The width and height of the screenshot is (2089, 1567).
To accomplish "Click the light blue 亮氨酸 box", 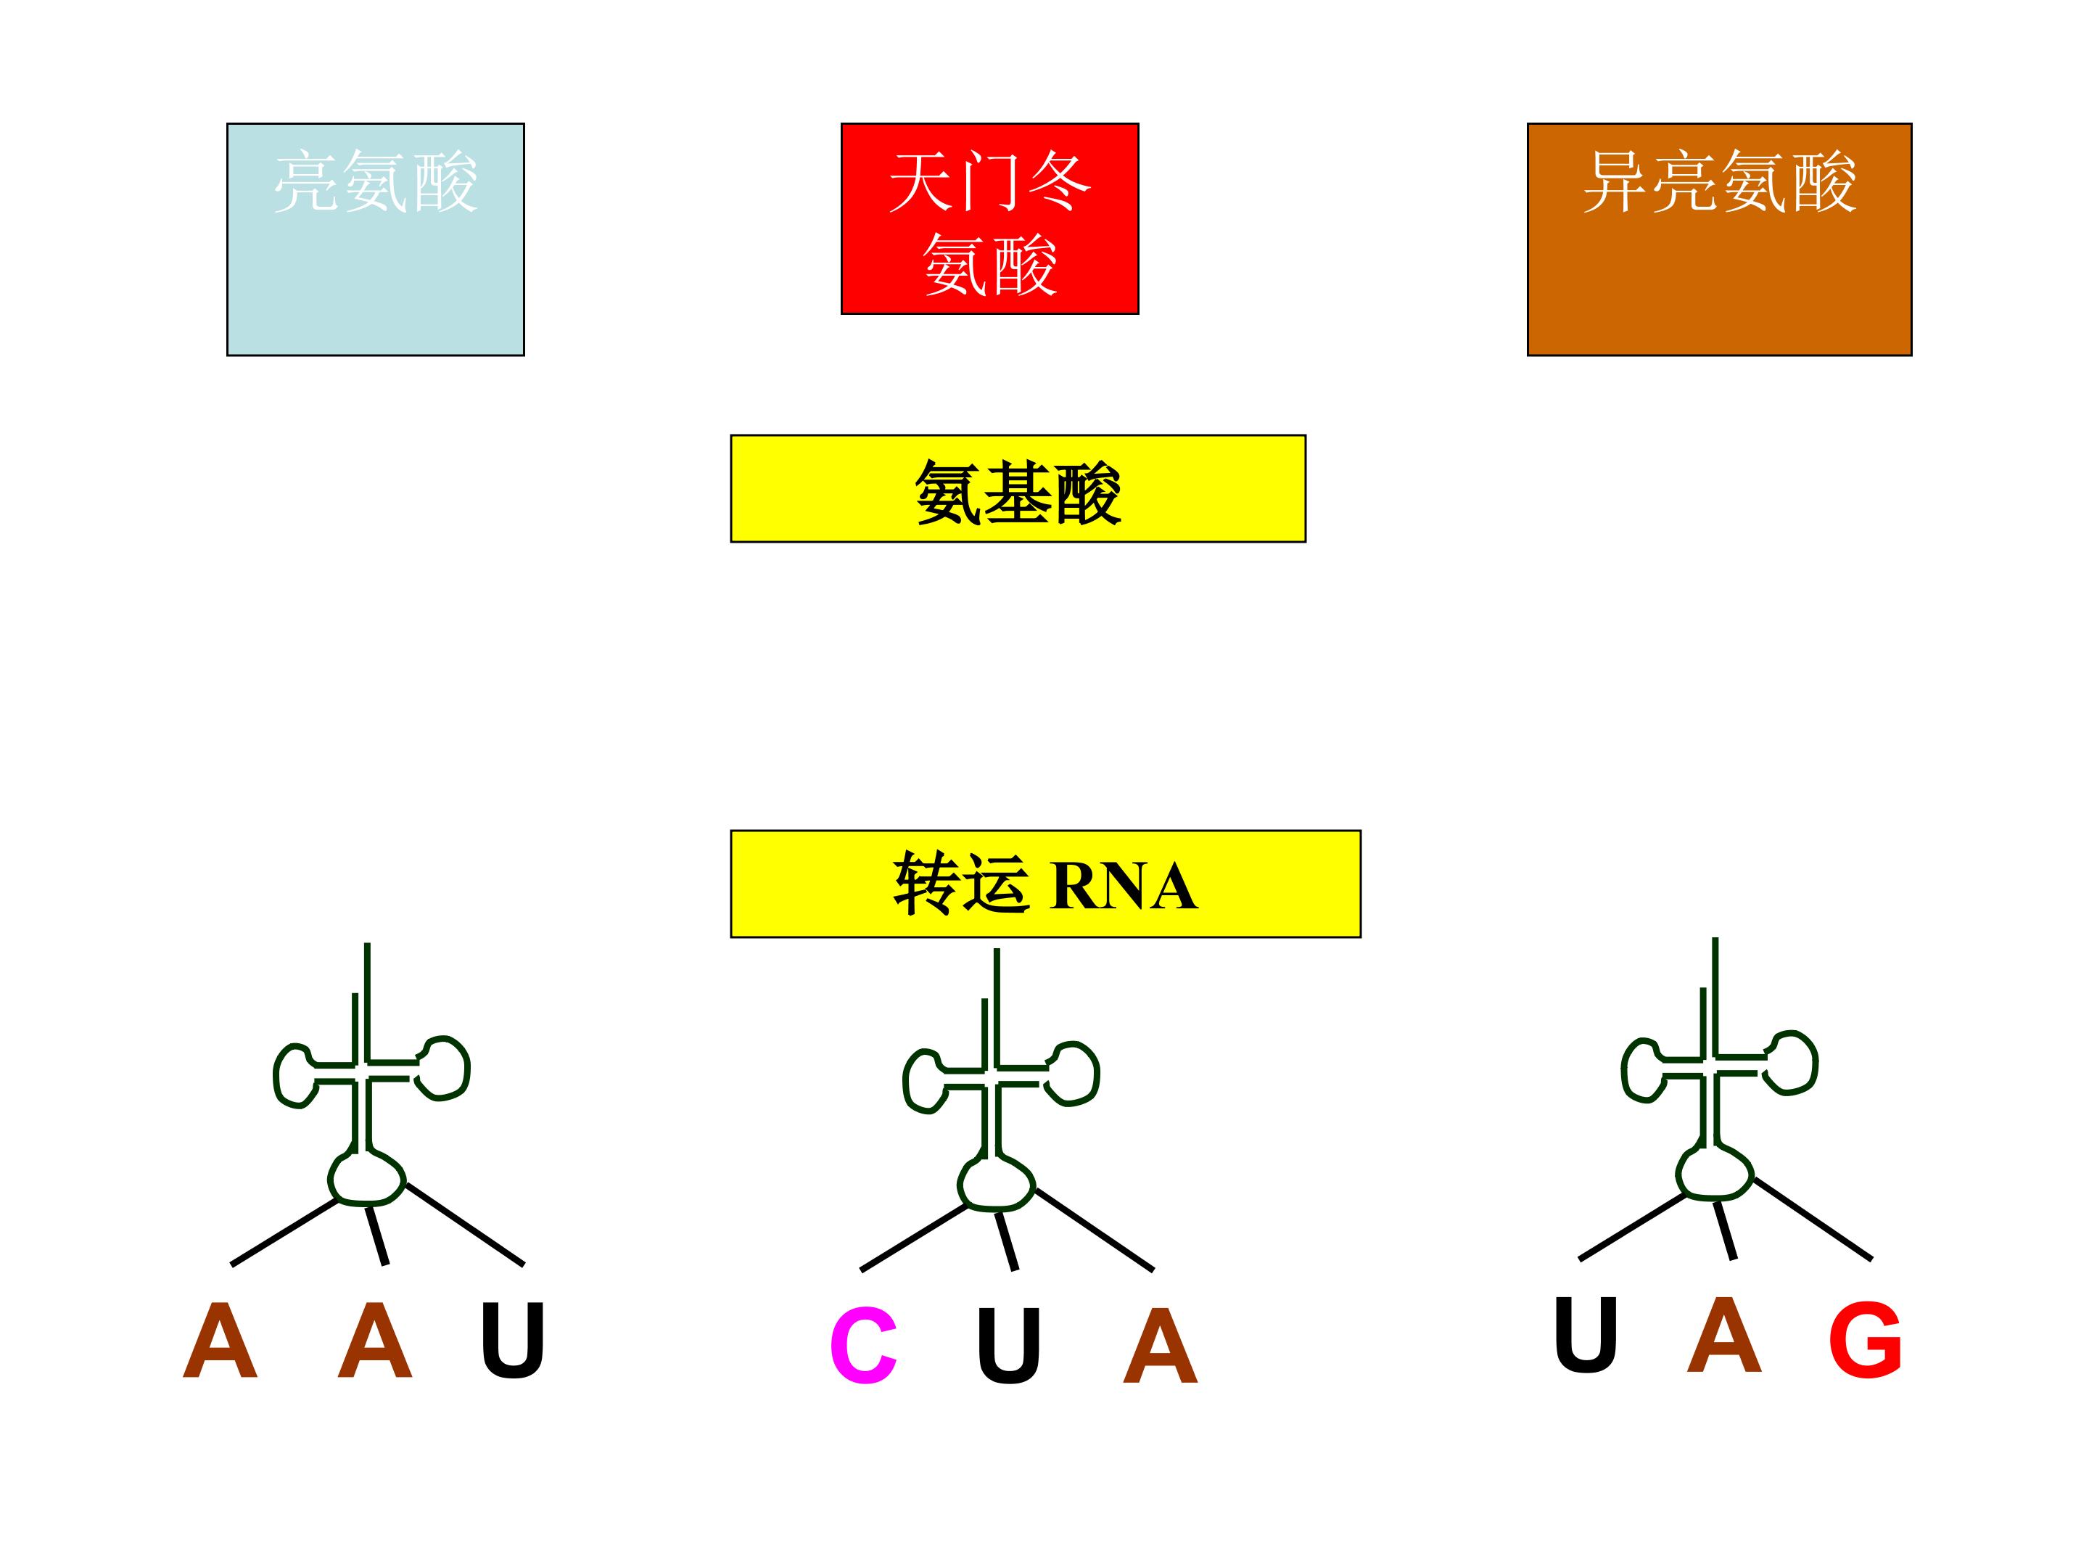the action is [375, 239].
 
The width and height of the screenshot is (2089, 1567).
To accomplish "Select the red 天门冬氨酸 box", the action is [989, 218].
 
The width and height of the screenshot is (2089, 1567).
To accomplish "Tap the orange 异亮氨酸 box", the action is [1719, 239].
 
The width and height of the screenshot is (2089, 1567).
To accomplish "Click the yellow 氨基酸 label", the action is [1018, 488].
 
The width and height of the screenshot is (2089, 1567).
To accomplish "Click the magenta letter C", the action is [863, 1346].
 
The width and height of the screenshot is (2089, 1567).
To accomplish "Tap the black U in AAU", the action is [513, 1339].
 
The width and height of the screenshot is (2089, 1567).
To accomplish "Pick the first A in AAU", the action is [220, 1339].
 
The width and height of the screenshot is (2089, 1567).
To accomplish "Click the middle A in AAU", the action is [375, 1339].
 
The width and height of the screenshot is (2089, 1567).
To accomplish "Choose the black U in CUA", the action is [1009, 1345].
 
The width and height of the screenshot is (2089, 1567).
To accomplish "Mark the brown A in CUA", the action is [1161, 1345].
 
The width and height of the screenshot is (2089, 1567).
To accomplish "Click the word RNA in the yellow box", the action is [1124, 886].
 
